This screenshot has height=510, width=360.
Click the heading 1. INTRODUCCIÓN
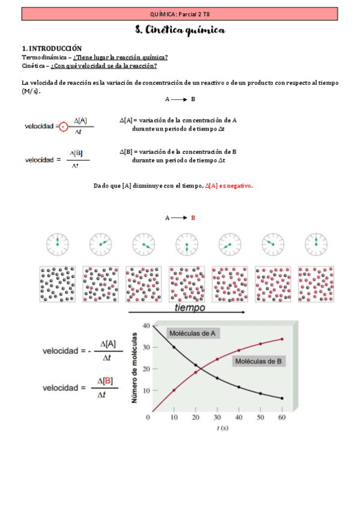click(52, 48)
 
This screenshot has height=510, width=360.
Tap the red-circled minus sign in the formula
click(64, 126)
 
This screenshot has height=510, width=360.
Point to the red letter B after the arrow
click(194, 218)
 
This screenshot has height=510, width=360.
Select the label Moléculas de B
click(259, 361)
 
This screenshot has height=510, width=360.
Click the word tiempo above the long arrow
click(189, 307)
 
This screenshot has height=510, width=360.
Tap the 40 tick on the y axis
click(145, 325)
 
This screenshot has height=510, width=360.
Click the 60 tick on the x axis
click(281, 417)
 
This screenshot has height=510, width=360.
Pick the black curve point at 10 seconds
click(174, 347)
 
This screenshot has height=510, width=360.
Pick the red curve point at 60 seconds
click(281, 339)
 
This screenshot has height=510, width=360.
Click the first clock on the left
click(57, 244)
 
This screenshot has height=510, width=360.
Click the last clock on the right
click(316, 244)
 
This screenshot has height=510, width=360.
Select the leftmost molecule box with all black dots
click(57, 284)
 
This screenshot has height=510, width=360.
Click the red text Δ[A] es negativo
click(229, 186)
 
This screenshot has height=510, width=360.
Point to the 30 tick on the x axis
click(217, 417)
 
